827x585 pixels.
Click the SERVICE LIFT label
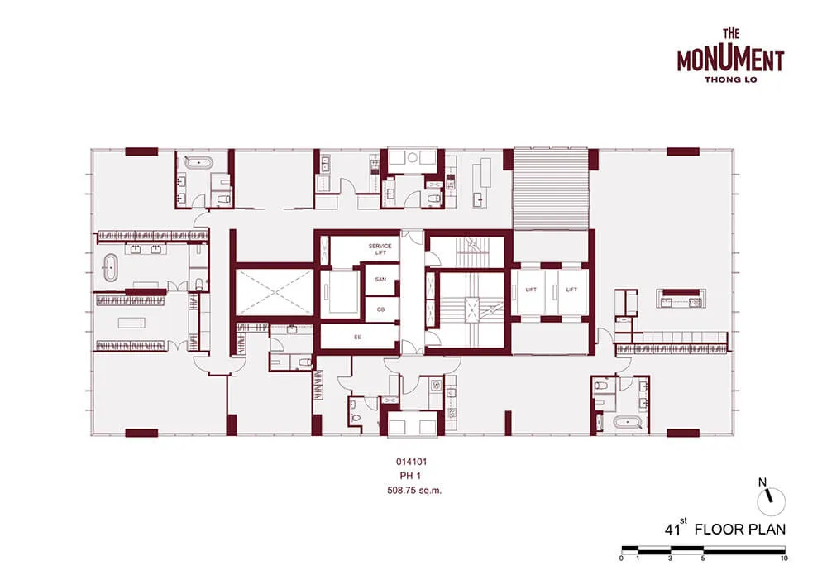click(x=380, y=249)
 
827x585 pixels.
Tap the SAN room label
click(x=380, y=279)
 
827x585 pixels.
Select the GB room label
click(x=380, y=309)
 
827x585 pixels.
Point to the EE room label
click(x=357, y=337)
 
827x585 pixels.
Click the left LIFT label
click(x=531, y=290)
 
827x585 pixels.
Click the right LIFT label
click(x=571, y=290)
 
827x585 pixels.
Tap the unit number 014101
click(x=411, y=462)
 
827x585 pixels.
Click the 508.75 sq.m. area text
click(x=414, y=491)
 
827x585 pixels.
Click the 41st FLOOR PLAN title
click(x=724, y=529)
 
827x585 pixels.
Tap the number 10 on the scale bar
click(x=784, y=558)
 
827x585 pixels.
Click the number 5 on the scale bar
click(x=702, y=558)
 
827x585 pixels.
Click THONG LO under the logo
click(x=731, y=79)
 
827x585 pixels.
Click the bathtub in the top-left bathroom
click(x=199, y=163)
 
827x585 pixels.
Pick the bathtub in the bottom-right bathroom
click(x=627, y=422)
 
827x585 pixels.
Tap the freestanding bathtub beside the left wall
click(x=111, y=269)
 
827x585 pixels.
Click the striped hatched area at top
click(x=551, y=189)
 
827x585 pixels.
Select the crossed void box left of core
click(x=273, y=292)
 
